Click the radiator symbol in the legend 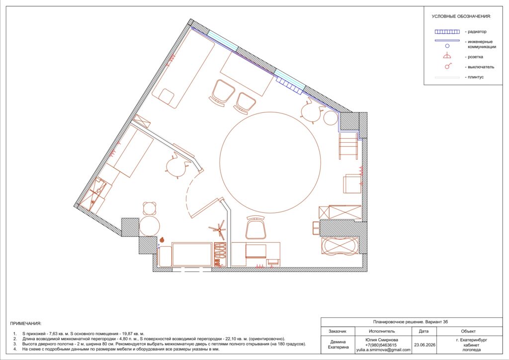point(447,32)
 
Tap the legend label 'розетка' point(475,57)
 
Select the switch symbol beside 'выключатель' point(448,66)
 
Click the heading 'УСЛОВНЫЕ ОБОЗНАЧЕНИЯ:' point(461,16)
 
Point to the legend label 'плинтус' point(476,77)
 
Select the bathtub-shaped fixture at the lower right point(339,246)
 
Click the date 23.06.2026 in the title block point(424,345)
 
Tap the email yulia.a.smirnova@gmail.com point(383,350)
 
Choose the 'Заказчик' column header point(338,331)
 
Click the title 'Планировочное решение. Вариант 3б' point(411,322)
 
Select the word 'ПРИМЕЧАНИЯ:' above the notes point(26,323)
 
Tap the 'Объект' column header point(468,331)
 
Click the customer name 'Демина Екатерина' point(338,344)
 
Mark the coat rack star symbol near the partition point(219,229)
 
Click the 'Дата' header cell point(424,331)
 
